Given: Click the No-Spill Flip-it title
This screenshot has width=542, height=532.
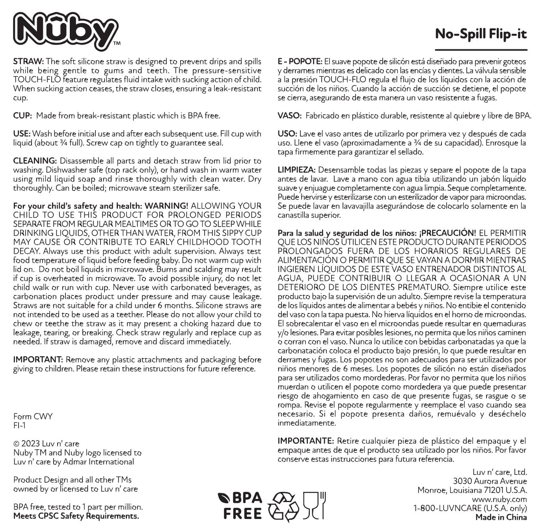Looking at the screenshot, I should click(x=481, y=34).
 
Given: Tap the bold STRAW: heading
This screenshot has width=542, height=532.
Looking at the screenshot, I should click(x=28, y=61).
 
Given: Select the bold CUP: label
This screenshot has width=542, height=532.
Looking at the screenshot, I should click(x=22, y=115).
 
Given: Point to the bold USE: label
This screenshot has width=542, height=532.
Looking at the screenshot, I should click(x=22, y=134).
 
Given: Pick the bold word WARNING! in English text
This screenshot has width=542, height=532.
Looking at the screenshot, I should click(x=166, y=206).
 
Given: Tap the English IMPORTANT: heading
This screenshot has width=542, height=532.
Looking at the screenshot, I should click(x=38, y=359).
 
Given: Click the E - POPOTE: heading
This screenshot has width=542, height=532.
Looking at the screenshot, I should click(x=300, y=61).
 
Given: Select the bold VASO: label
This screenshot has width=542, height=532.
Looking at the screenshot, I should click(x=290, y=115).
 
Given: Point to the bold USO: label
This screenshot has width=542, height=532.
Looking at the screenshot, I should click(x=287, y=134).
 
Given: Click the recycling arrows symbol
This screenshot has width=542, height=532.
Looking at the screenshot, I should click(x=283, y=506).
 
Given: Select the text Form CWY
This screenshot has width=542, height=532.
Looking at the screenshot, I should click(x=33, y=417).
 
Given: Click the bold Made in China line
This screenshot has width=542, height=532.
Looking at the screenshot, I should click(x=501, y=517).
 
